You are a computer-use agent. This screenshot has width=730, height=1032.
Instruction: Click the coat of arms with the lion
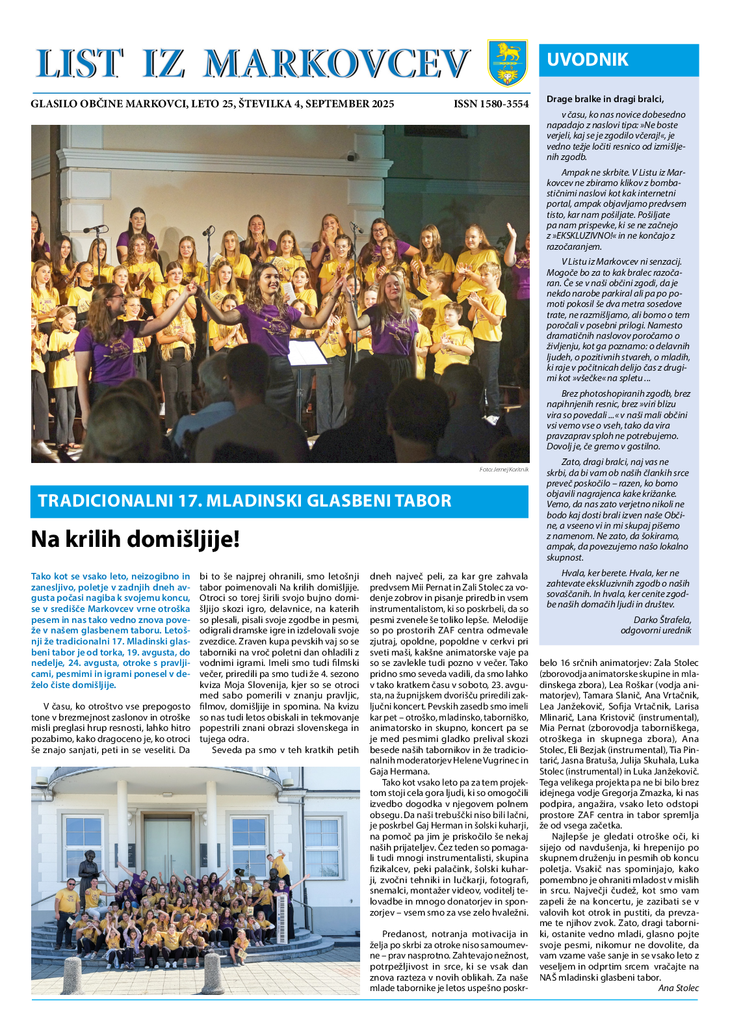pos(508,63)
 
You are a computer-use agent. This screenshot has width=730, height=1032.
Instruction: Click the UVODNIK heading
pos(588,60)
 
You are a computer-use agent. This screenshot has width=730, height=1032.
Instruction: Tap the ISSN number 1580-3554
pos(491,104)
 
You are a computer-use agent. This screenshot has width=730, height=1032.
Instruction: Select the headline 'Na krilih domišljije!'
pos(135,539)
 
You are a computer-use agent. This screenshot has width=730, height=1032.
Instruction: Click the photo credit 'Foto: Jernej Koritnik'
pos(504,470)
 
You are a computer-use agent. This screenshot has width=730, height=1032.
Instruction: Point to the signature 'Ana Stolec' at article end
pos(678,988)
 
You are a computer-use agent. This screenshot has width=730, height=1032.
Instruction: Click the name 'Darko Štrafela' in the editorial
pos(662,620)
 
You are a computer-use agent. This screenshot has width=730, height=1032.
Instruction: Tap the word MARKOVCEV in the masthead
pos(337,64)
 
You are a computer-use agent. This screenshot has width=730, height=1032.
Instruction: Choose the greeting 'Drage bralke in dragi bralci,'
pos(605,99)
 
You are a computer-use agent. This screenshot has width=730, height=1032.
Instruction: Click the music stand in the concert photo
pos(307,354)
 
